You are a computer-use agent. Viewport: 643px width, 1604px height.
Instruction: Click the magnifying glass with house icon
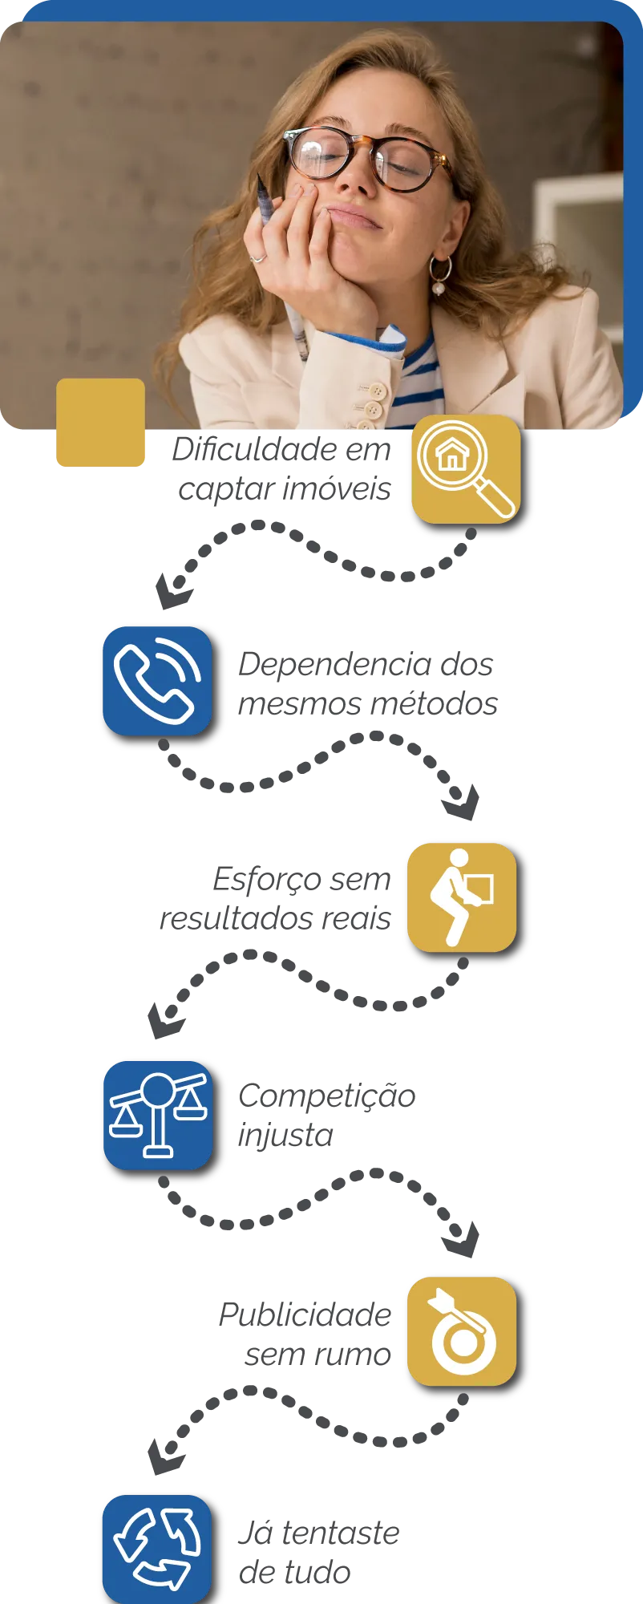[466, 469]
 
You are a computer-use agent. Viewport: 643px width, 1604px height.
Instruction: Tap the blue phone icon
[157, 681]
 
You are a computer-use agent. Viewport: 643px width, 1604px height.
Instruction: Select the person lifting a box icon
[461, 897]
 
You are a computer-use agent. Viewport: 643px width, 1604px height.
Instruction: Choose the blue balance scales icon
[158, 1116]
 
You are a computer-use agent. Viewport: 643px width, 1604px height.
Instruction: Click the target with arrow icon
[461, 1331]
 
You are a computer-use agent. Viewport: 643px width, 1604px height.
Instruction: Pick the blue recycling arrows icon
[157, 1549]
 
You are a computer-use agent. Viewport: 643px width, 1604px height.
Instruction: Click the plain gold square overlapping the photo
[101, 422]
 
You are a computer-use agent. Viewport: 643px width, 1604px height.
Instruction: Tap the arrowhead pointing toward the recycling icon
[164, 1456]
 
